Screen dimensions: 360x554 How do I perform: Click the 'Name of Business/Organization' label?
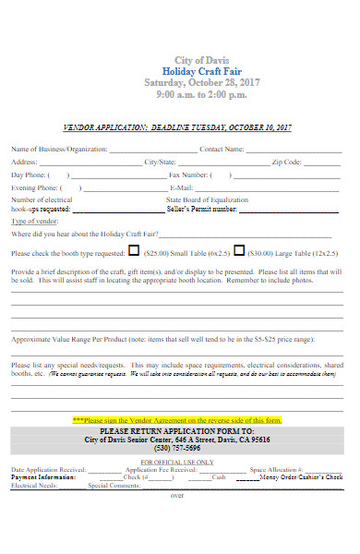pos(59,149)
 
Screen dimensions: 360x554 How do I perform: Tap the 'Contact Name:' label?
pos(222,149)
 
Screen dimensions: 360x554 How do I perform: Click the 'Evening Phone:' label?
pos(33,187)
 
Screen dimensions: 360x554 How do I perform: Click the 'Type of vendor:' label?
pos(35,222)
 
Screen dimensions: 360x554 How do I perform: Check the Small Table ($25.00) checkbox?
pos(133,250)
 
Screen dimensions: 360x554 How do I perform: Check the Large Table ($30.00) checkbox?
pos(240,250)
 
